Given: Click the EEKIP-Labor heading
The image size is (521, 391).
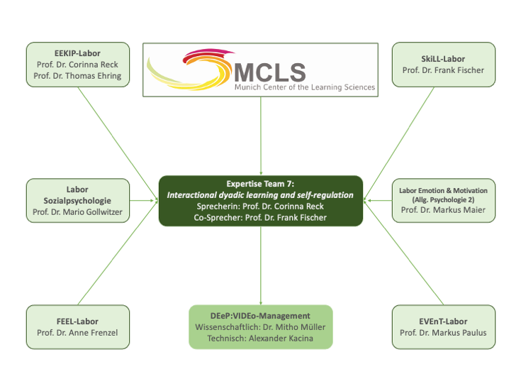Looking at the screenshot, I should (78, 53).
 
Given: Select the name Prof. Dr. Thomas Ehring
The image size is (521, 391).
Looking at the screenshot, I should (78, 76).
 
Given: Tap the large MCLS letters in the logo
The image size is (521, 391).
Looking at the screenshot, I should (270, 71).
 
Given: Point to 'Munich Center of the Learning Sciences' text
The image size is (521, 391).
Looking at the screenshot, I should (306, 87).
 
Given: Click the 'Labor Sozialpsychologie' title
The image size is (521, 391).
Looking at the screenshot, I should (78, 195).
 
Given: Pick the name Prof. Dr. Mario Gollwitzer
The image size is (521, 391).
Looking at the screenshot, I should (78, 212).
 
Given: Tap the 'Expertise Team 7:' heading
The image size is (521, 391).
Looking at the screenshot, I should (260, 183).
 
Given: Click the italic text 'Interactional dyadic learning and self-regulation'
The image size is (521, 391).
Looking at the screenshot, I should (260, 194).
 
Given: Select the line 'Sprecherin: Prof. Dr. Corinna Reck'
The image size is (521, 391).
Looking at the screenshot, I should (260, 206).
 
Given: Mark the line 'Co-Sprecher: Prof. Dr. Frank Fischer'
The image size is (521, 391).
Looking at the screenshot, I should (260, 217).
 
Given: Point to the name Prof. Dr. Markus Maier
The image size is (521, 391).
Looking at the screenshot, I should (443, 211).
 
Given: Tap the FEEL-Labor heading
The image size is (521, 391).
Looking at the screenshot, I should (78, 321).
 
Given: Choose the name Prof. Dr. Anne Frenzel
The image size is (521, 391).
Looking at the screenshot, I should (78, 332).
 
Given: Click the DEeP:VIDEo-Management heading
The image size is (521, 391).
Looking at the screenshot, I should (260, 316).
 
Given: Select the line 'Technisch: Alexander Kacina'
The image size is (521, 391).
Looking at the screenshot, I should (260, 338).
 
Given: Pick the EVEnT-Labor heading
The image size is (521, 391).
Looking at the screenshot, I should (443, 321).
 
